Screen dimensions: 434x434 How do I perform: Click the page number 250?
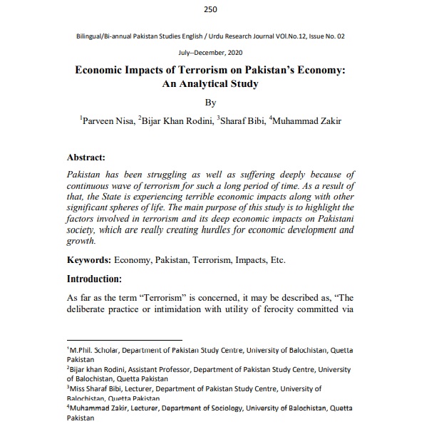tap(210, 9)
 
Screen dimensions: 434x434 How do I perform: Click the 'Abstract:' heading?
tap(86, 157)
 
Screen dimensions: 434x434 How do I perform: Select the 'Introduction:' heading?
tap(94, 279)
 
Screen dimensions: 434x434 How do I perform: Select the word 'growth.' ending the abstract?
tap(80, 241)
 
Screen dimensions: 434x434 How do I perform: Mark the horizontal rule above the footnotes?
tap(125, 341)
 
